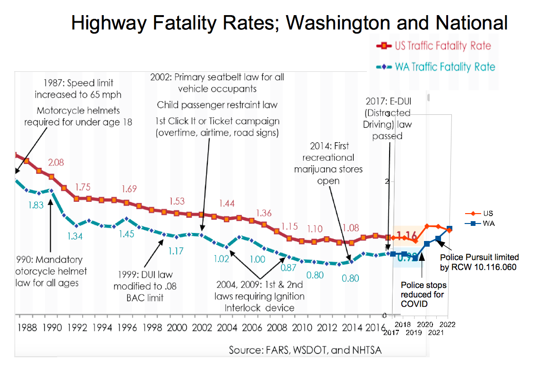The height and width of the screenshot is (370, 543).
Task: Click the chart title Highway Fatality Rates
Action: coord(289,22)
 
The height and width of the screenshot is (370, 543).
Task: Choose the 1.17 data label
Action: coord(176,251)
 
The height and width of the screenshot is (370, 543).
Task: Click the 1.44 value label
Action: coord(227,204)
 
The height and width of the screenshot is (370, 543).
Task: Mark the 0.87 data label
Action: coord(288,267)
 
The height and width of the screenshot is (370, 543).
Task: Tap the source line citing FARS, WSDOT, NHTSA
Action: coord(305,350)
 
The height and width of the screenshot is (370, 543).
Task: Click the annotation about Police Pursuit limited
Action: coord(479,262)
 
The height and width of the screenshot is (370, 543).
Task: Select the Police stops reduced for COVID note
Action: coord(424,294)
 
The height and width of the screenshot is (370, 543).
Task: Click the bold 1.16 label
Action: coord(407,235)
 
